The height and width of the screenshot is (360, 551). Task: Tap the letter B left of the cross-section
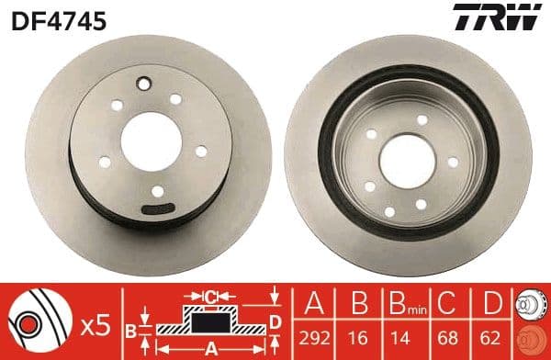click(131, 328)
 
